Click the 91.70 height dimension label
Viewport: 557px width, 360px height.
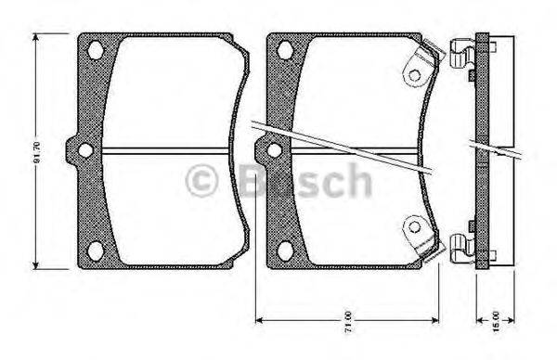point(37,150)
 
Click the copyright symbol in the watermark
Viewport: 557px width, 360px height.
point(201,179)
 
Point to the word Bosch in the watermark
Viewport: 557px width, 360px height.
point(305,178)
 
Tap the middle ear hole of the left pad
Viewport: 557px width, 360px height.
point(84,150)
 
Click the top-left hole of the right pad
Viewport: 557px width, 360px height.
point(285,50)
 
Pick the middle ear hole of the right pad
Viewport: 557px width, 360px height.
point(272,150)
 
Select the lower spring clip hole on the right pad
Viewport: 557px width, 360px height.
point(413,225)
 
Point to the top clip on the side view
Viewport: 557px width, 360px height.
point(461,55)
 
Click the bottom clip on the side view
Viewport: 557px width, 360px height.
point(461,245)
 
